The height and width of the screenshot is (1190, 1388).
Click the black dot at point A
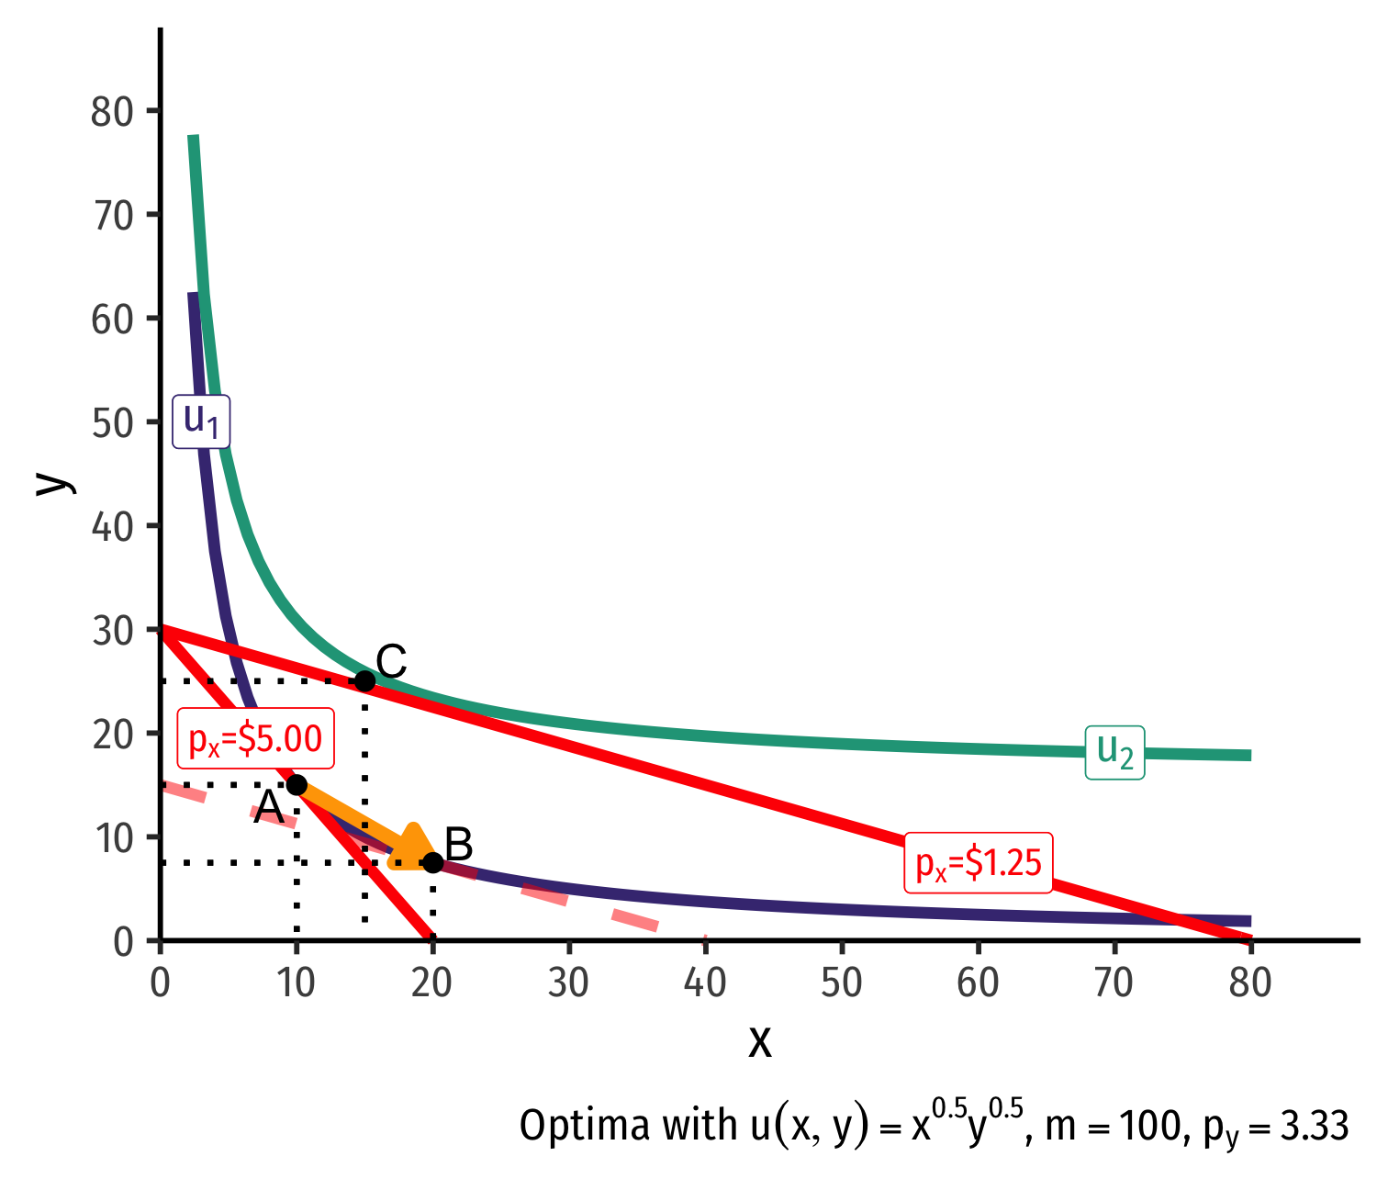point(297,784)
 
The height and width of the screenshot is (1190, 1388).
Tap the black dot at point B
point(433,862)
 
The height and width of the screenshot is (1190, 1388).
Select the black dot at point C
point(364,680)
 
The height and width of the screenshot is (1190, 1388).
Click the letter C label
point(391,661)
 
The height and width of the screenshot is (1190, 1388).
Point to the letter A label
point(269,808)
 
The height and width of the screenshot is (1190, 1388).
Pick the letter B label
point(458,844)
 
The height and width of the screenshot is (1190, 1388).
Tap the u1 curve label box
point(201,421)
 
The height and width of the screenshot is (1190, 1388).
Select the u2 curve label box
point(1114,753)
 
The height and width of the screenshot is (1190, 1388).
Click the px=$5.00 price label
point(255,738)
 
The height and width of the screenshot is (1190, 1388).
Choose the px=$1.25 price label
point(979,863)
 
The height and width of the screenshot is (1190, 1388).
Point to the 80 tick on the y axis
point(113,112)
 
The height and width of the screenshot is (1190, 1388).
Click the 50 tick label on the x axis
point(842,983)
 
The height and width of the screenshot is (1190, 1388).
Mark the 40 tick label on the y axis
point(113,526)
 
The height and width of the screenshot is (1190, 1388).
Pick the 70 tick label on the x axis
point(1114,983)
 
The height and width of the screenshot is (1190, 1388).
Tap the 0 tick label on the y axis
point(123,942)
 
